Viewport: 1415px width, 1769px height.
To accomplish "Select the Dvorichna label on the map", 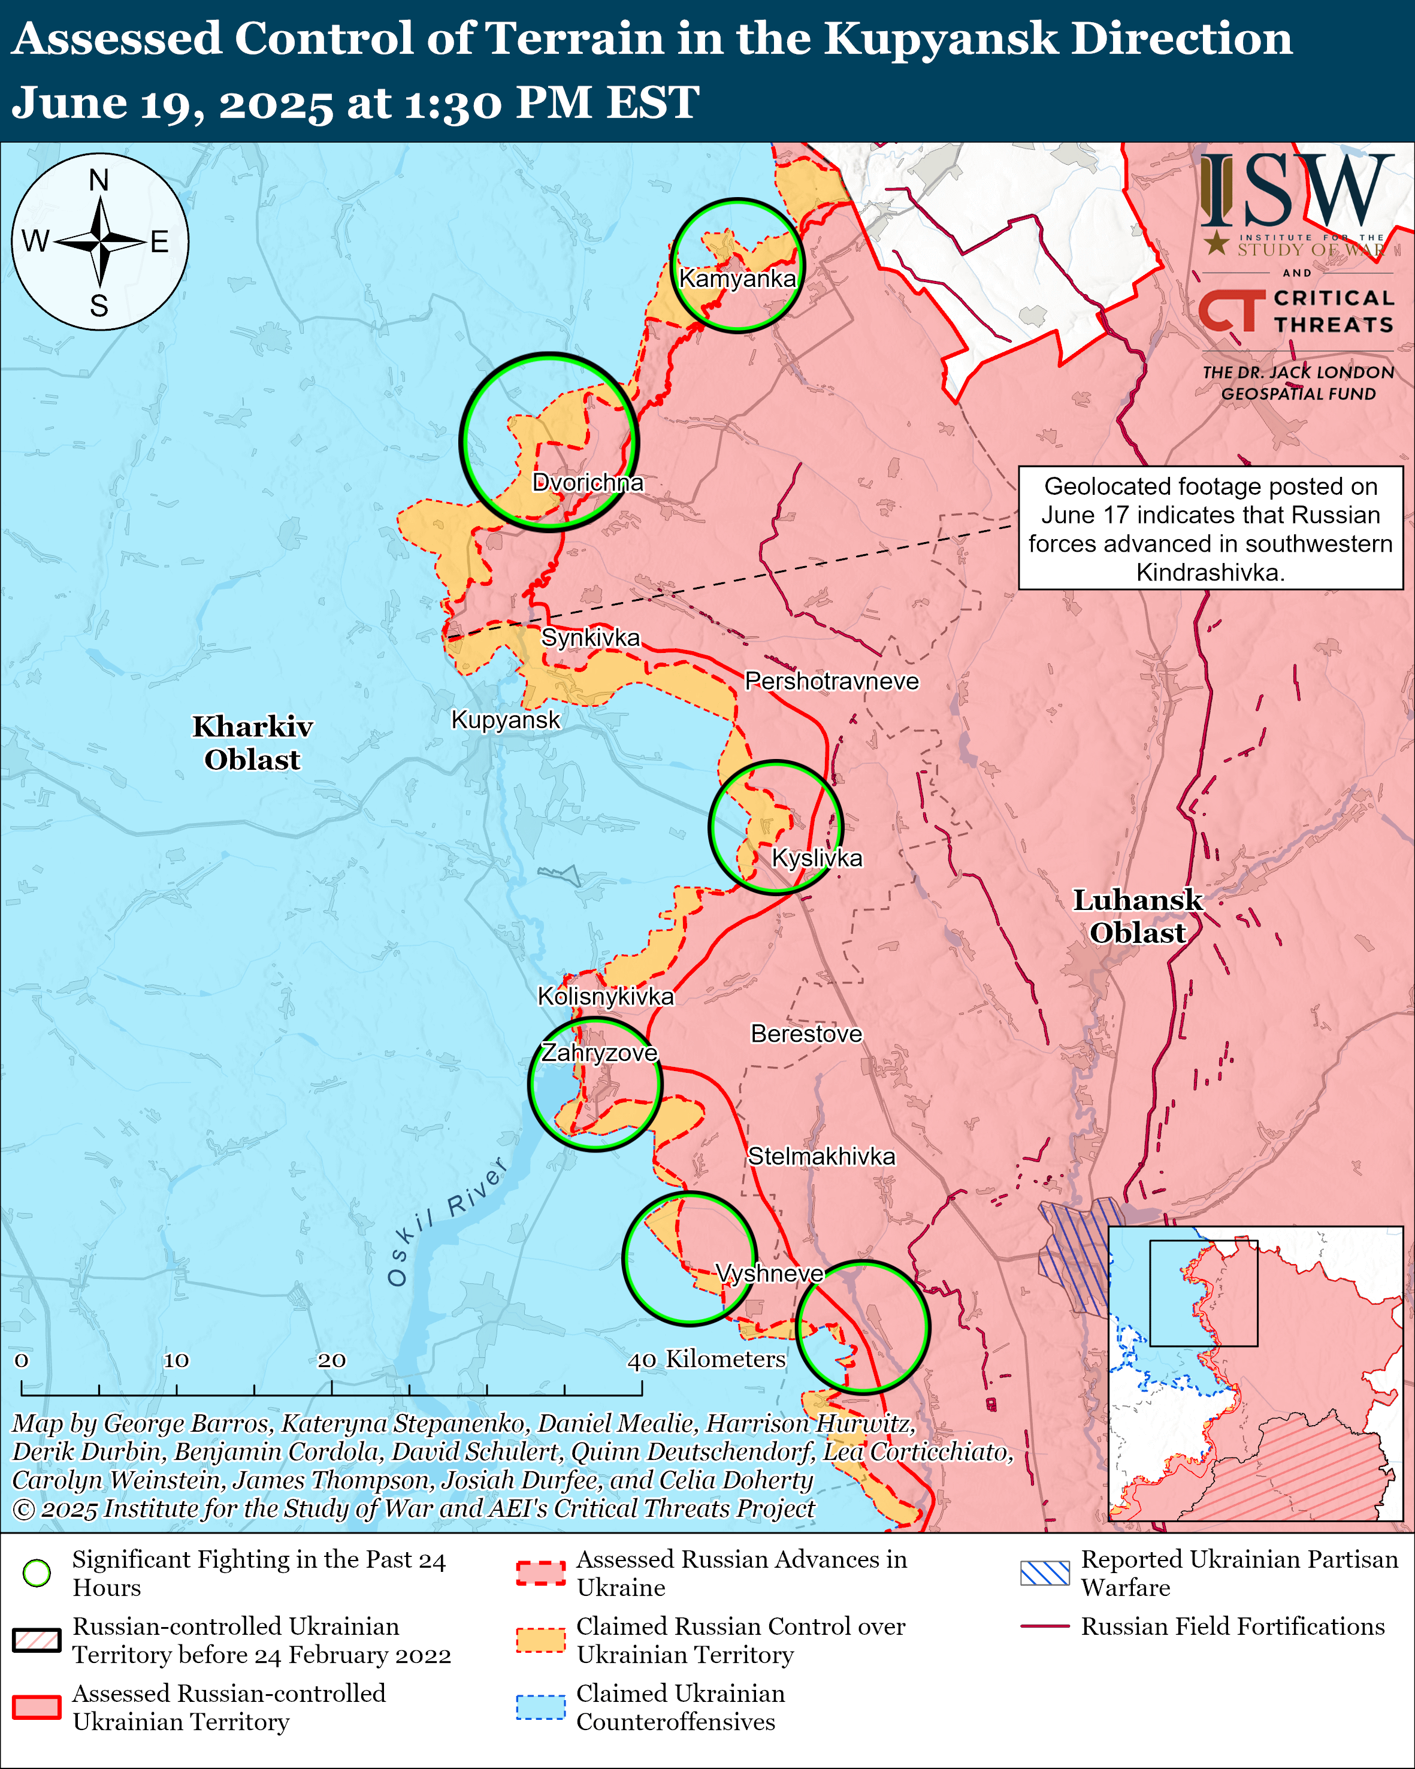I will coord(587,482).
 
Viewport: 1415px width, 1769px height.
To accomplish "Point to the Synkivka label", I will coord(591,637).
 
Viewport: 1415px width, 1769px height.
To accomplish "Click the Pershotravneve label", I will coord(831,681).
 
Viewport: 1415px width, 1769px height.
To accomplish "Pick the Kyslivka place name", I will coord(817,858).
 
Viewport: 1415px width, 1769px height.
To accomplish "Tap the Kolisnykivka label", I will coord(606,996).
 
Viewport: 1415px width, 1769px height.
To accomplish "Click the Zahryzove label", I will coord(599,1053).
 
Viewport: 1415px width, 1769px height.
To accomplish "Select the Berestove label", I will coord(806,1034).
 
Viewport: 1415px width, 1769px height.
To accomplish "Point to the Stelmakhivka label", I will coord(821,1156).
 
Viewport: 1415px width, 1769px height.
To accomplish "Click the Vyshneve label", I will coord(769,1274).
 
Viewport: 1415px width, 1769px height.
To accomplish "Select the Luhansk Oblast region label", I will coord(1138,916).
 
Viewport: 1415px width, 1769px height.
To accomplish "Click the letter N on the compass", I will coord(99,180).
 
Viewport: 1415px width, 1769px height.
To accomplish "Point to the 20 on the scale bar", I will coord(331,1360).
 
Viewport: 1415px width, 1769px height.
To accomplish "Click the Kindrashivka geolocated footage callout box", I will coord(1210,528).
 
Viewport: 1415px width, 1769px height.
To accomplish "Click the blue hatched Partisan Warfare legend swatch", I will coord(1044,1573).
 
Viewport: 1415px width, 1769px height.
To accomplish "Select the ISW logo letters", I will coord(1296,190).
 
